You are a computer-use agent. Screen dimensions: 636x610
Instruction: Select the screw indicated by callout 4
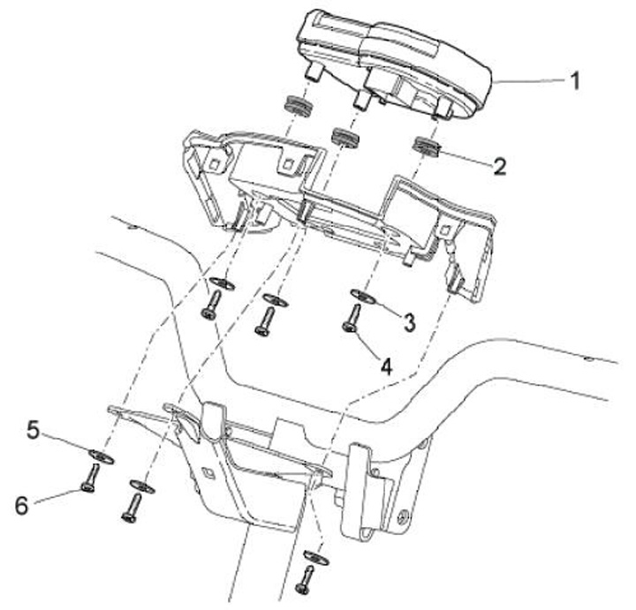pyautogui.click(x=352, y=319)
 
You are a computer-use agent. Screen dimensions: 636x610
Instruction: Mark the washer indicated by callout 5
pyautogui.click(x=100, y=456)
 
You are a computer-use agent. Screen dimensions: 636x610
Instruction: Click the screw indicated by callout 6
pyautogui.click(x=89, y=478)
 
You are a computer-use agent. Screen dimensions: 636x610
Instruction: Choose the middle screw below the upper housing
pyautogui.click(x=265, y=320)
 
